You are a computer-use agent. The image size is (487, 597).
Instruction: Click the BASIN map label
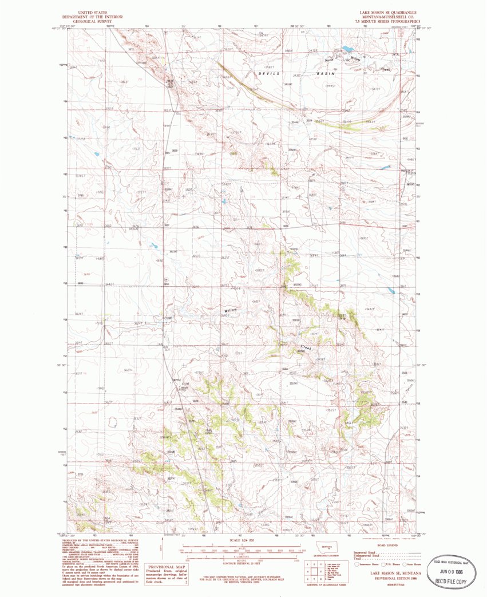click(x=326, y=74)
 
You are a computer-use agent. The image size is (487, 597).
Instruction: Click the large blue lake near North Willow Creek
click(x=347, y=49)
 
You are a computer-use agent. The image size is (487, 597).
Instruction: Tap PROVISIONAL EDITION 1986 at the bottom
click(x=392, y=578)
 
